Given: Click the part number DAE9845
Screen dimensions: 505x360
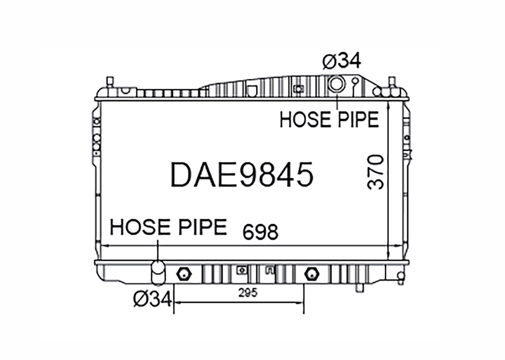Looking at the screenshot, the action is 242,175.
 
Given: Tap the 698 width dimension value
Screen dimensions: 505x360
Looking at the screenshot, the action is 260,232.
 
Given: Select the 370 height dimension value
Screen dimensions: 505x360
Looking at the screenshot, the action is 376,172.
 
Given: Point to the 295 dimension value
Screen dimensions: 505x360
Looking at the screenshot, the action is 248,293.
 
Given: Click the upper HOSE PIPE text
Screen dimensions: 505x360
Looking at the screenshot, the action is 329,119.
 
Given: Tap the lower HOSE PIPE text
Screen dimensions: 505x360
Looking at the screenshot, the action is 169,227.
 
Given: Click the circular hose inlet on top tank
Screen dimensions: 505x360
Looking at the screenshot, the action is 336,84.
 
